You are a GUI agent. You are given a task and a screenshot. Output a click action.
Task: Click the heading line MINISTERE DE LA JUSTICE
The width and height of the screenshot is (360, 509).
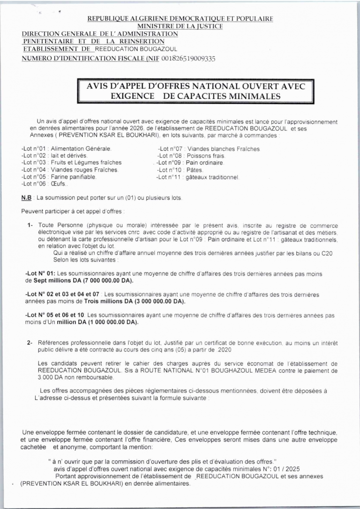[180, 26]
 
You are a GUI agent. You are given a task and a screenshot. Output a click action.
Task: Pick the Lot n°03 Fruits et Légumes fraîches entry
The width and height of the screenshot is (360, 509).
[71, 162]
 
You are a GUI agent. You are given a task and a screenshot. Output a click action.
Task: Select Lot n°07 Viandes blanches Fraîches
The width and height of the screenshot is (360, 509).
[209, 149]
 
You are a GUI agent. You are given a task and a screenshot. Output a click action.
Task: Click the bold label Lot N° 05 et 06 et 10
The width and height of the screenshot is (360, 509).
[54, 315]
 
